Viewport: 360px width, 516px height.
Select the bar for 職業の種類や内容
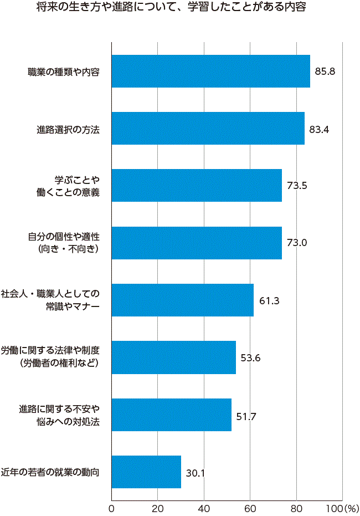pyautogui.click(x=210, y=71)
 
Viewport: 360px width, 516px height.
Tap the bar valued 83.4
pyautogui.click(x=208, y=129)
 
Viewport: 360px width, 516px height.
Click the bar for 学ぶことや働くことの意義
pyautogui.click(x=197, y=186)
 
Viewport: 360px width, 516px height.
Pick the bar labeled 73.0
pyautogui.click(x=197, y=243)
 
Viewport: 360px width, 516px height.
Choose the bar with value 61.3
pyautogui.click(x=182, y=300)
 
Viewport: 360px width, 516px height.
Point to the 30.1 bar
pyautogui.click(x=146, y=472)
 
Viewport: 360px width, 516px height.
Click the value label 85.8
pyautogui.click(x=325, y=71)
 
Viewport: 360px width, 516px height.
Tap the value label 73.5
pyautogui.click(x=297, y=186)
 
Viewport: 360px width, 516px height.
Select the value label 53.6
pyautogui.click(x=251, y=357)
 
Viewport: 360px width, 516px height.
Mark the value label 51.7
pyautogui.click(x=246, y=415)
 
